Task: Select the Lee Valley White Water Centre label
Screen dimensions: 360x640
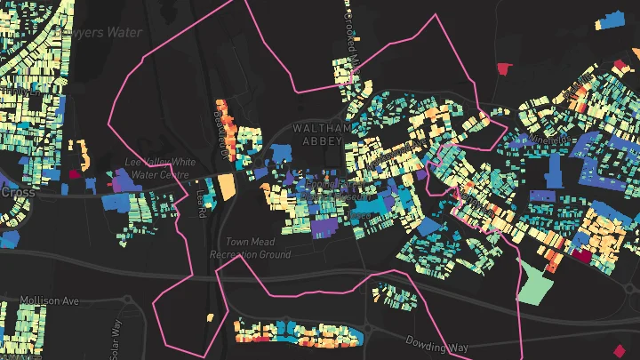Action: click(x=160, y=168)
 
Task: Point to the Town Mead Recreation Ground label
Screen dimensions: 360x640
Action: click(x=250, y=248)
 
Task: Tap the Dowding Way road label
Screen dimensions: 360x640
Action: click(x=436, y=341)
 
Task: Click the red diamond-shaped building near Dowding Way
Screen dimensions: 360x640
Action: click(x=619, y=349)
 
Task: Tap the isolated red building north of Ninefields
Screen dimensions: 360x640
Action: click(x=505, y=68)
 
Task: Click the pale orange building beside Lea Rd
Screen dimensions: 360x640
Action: click(x=227, y=187)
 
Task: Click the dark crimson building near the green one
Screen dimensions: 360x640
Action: click(x=581, y=255)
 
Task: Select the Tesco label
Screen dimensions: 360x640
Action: click(x=360, y=214)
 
